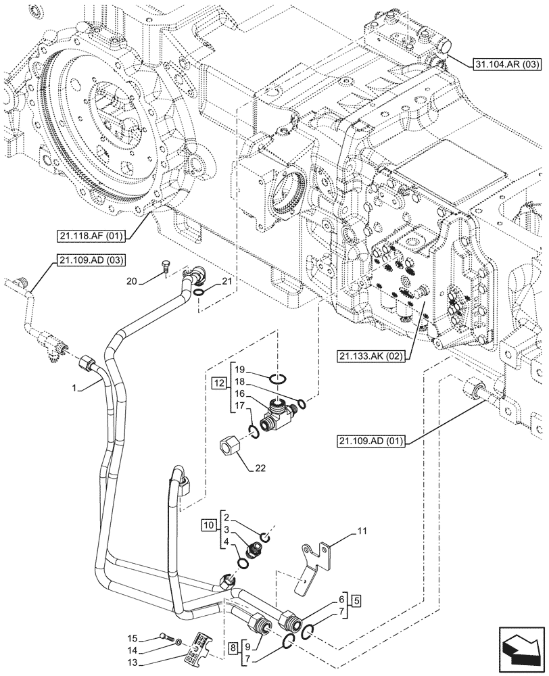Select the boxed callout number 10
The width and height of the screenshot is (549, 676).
208,525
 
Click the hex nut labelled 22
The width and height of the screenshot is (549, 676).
230,446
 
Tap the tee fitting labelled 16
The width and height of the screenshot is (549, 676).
279,409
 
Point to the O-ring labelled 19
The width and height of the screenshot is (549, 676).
279,377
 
